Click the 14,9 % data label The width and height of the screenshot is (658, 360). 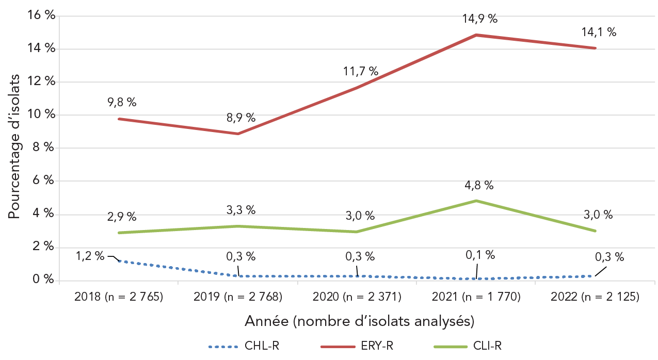[479, 19]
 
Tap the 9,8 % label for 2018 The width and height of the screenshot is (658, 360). [122, 102]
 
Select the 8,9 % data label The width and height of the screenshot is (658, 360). [241, 118]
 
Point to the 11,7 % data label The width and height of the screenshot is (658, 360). [360, 71]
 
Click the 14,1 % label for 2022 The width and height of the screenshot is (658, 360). [599, 32]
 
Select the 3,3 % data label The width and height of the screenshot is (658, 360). [241, 210]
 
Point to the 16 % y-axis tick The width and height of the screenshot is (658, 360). [42, 15]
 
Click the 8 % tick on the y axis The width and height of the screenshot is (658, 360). [45, 148]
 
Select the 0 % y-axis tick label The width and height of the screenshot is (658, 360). [45, 280]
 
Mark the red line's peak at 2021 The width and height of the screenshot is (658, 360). [476, 35]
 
